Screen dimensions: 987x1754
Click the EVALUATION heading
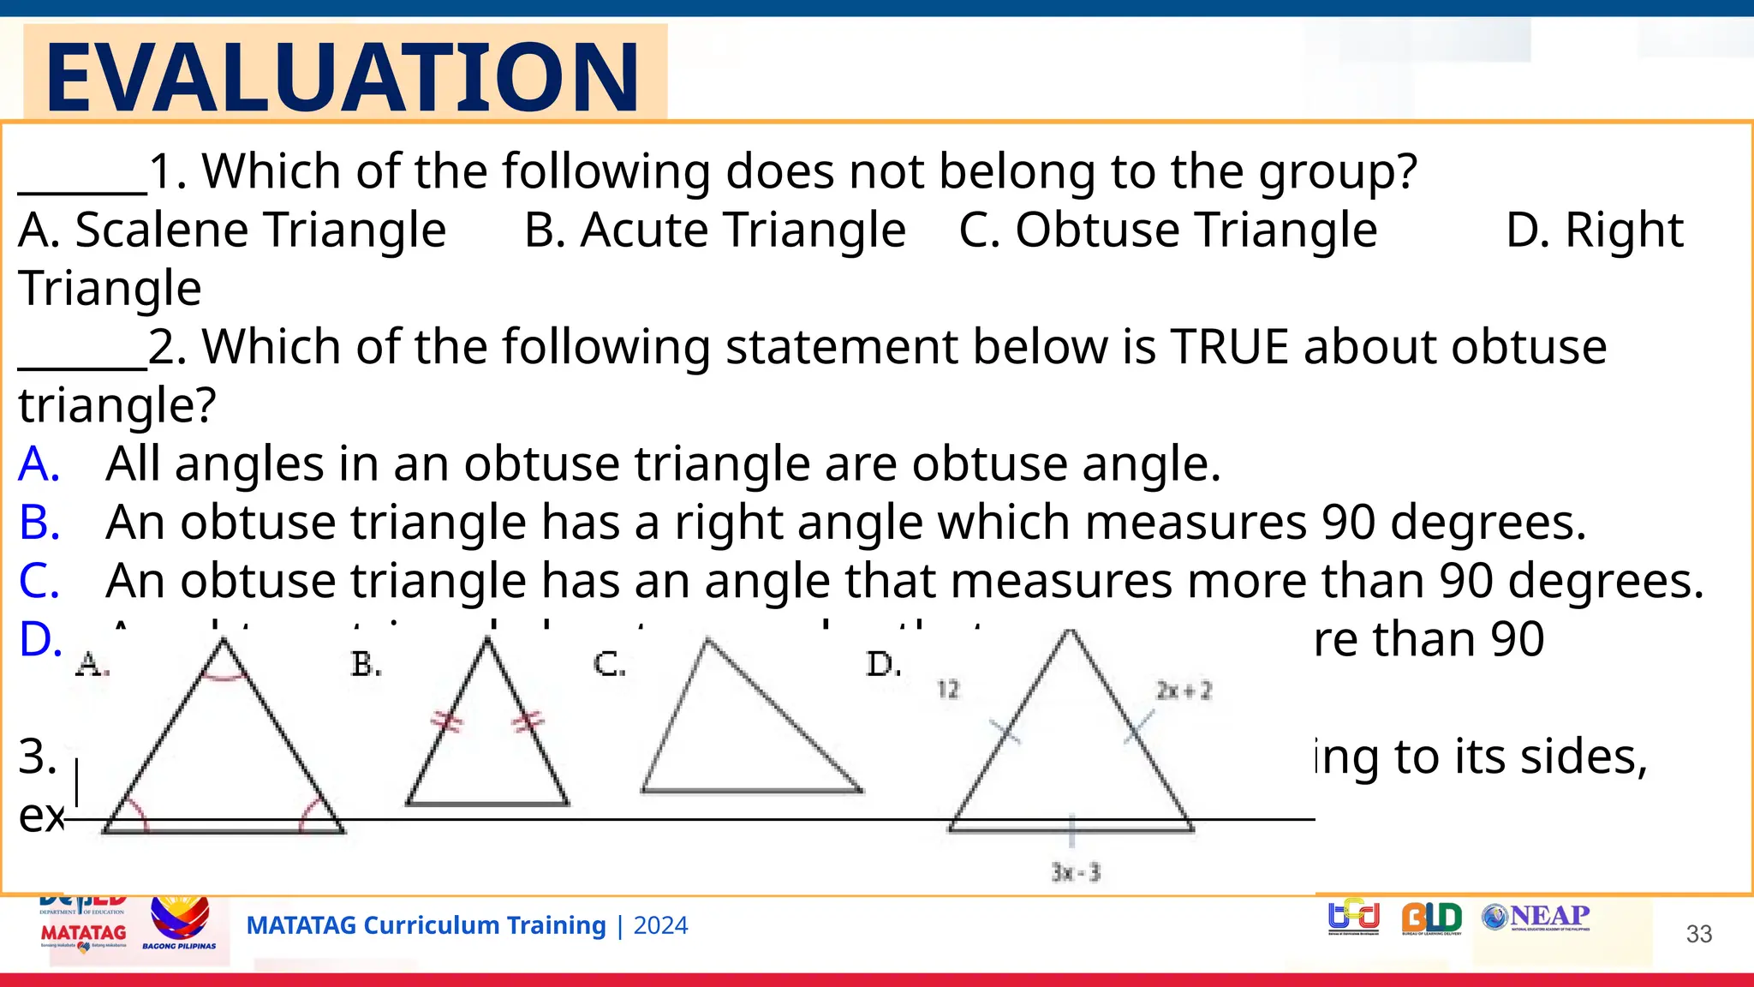[x=343, y=77]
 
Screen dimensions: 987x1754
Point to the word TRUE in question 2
[x=1229, y=347]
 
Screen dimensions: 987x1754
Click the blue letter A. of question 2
[x=39, y=464]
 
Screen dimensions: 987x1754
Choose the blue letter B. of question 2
[x=39, y=523]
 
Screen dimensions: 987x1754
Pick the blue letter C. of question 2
[x=39, y=581]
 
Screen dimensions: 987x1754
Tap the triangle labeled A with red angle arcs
[x=223, y=754]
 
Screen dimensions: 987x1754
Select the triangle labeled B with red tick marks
[x=487, y=737]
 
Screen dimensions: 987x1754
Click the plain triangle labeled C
[x=737, y=728]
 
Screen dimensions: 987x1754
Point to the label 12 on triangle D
[x=948, y=690]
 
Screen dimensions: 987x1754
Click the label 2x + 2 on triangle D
[x=1184, y=691]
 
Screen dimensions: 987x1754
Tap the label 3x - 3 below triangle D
[x=1076, y=872]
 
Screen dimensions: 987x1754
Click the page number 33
[x=1698, y=934]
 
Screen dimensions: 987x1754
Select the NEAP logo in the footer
[x=1536, y=917]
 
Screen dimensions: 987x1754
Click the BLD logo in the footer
[x=1431, y=918]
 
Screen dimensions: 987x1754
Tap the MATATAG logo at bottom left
[x=83, y=933]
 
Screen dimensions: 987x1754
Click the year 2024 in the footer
[x=660, y=926]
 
